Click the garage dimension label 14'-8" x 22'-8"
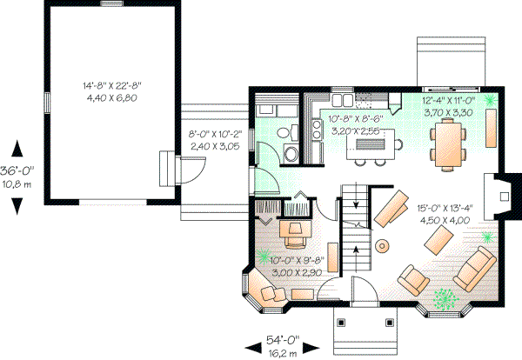tap(111, 85)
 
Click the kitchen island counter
tap(373, 144)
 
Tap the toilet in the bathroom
tap(291, 154)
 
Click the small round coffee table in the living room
tap(382, 246)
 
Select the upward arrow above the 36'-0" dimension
tap(17, 147)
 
